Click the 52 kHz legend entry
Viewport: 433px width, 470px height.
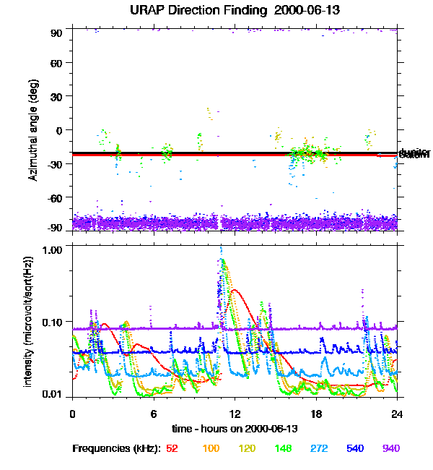click(x=172, y=449)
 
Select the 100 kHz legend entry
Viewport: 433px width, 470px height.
click(x=211, y=449)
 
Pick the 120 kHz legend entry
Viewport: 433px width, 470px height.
click(x=248, y=449)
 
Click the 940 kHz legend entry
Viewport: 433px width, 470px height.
click(x=390, y=449)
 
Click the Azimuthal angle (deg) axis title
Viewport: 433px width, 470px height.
click(x=33, y=130)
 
